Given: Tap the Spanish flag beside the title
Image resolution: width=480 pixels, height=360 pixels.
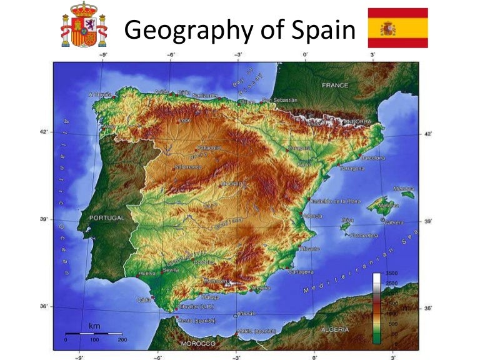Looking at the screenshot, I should [x=397, y=28].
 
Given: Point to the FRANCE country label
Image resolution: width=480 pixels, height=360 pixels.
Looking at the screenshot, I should [x=335, y=84].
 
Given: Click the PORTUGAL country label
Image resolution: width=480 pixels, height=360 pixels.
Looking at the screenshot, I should [x=107, y=218].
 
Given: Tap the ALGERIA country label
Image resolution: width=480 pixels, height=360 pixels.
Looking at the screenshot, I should [x=336, y=329].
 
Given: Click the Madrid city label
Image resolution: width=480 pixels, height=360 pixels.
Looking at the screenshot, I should [x=231, y=184].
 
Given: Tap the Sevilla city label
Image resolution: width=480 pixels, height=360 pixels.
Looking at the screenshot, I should [x=171, y=269].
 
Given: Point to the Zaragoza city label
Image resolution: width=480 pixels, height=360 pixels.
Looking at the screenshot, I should [x=298, y=148].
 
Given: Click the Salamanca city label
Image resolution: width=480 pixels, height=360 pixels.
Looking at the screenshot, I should [x=188, y=167].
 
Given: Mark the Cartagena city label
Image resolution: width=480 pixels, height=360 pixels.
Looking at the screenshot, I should [x=300, y=272].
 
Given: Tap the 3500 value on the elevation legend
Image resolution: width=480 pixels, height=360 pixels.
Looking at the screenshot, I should [x=391, y=274].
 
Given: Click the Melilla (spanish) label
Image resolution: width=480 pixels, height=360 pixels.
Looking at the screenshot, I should [x=257, y=331].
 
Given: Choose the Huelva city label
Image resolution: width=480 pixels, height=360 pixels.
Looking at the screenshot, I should [x=147, y=273].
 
